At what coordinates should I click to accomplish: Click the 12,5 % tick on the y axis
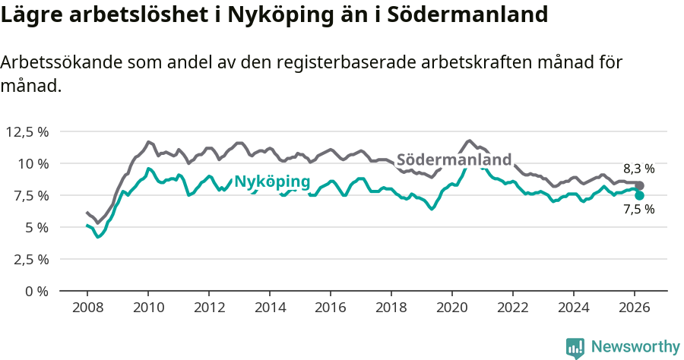pos(27,131)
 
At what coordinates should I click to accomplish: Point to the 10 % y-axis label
pos(33,163)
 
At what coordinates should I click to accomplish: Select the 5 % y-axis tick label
pos(36,227)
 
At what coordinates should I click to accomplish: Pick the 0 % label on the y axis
pos(36,291)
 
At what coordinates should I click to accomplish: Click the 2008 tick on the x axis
pos(87,307)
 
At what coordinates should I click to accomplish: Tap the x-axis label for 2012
pos(209,307)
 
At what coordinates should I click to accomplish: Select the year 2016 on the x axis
pos(331,307)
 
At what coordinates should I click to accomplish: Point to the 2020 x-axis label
pos(452,307)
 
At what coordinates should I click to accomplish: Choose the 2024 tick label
pos(574,307)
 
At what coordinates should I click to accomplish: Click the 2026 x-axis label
pos(635,307)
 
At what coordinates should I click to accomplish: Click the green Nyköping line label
pos(272,182)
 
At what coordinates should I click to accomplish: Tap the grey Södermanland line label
pos(454,159)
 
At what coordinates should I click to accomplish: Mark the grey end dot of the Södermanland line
pos(639,185)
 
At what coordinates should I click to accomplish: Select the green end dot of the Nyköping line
pos(639,195)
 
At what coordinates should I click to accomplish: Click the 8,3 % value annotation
pos(638,169)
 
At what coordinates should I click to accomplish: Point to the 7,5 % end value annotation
pos(638,210)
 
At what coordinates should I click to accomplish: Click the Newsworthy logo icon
pos(575,347)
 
